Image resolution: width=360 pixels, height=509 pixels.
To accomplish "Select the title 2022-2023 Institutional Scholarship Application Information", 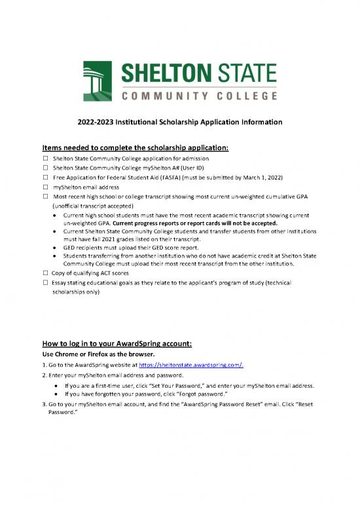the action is tap(180, 122).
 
